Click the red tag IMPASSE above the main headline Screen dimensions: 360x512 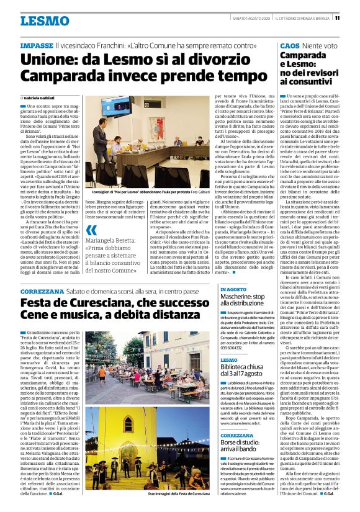37,46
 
